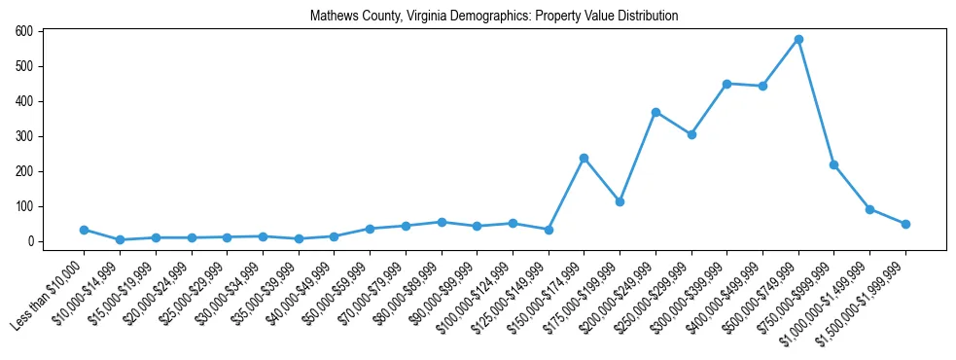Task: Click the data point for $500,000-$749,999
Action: [x=798, y=40]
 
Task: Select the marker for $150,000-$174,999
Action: [x=584, y=158]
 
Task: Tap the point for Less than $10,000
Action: [x=84, y=230]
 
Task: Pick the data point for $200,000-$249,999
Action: [x=655, y=112]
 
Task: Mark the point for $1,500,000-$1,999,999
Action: [x=905, y=224]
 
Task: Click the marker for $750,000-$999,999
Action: [x=833, y=164]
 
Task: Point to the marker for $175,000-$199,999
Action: [x=620, y=201]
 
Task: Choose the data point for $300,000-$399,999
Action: [x=726, y=84]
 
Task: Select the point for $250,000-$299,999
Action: [x=691, y=134]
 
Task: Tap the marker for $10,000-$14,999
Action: [x=120, y=239]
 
